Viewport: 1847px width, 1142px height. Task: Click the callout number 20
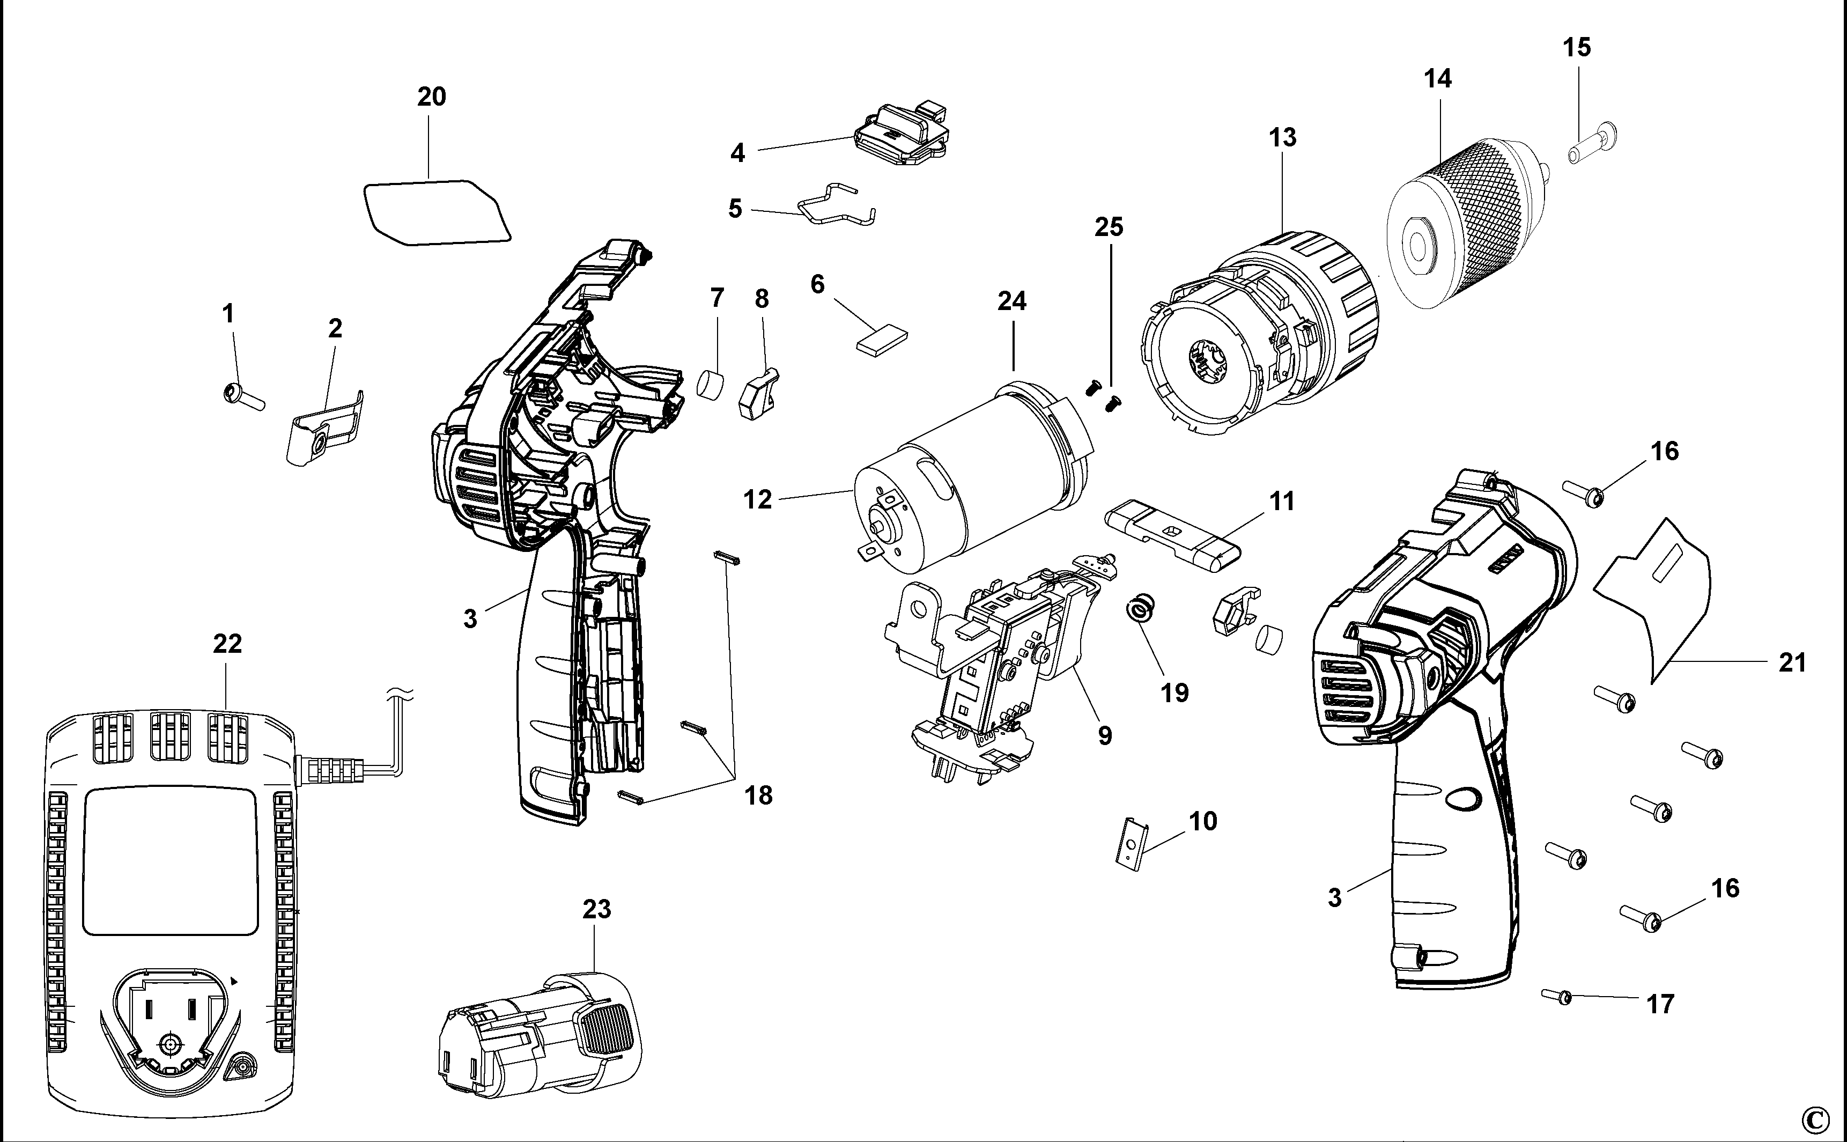pos(431,97)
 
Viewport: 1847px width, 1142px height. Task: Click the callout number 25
pos(1109,226)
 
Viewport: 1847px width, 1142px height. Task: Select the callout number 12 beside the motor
pos(757,500)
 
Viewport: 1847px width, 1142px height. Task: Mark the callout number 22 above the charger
pos(227,644)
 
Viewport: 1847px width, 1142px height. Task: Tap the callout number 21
pos(1792,662)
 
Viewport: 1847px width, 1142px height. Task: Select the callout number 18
pos(758,795)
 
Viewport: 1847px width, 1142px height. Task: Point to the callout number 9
pos(1105,735)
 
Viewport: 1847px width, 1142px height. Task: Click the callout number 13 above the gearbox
pos(1282,137)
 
